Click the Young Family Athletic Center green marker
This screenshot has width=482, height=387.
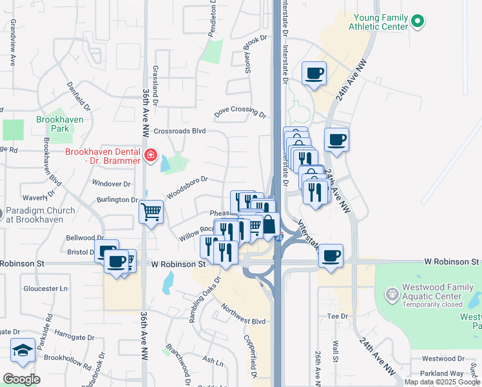(x=418, y=21)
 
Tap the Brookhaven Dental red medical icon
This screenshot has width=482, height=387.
(x=150, y=155)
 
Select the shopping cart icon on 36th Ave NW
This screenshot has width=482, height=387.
(x=151, y=211)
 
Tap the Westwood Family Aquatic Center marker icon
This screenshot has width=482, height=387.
(x=390, y=295)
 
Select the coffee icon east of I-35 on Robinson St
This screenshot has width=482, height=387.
(x=331, y=255)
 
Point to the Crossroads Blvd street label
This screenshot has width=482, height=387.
(x=180, y=130)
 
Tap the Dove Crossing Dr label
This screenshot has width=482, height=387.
(x=240, y=112)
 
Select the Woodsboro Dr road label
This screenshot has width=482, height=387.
(x=187, y=188)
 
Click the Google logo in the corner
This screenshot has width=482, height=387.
(x=21, y=379)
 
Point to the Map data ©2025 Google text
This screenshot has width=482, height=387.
(x=442, y=382)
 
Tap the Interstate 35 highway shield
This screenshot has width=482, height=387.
(x=278, y=237)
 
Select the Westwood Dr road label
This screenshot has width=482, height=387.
(x=442, y=359)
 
